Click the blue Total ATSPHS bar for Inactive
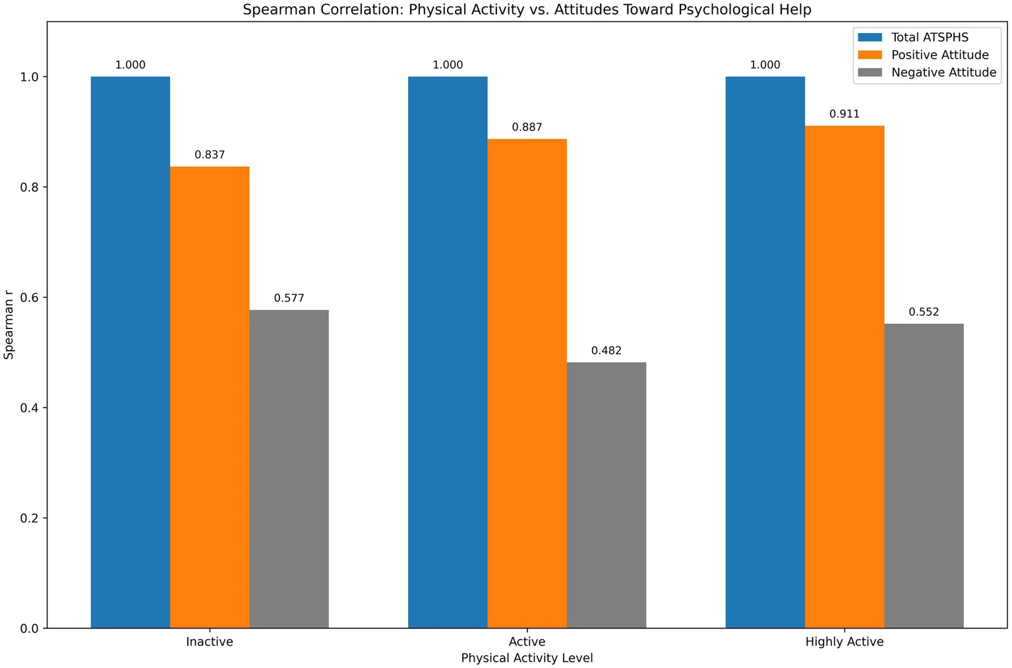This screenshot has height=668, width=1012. pos(130,352)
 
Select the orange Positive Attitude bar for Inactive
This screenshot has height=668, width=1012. pos(210,397)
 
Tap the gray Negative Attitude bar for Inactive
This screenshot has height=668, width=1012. pos(289,469)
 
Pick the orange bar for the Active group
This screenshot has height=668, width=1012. pos(527,383)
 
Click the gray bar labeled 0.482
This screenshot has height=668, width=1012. pos(606,495)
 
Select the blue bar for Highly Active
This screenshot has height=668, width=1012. pos(765,352)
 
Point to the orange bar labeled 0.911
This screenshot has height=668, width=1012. pos(844,377)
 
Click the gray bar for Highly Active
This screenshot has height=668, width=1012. pos(924,475)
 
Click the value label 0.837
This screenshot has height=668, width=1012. pos(210,155)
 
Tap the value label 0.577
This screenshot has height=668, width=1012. pos(289,298)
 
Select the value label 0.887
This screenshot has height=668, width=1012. pos(527,127)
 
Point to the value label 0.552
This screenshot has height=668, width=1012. pos(924,312)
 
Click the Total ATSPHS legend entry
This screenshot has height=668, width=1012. pos(930,37)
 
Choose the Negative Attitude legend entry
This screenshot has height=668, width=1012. pos(943,73)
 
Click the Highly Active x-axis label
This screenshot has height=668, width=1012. pos(844,642)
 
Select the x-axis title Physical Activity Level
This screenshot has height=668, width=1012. pos(527,658)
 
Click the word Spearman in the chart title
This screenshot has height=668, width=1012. pos(272,10)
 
